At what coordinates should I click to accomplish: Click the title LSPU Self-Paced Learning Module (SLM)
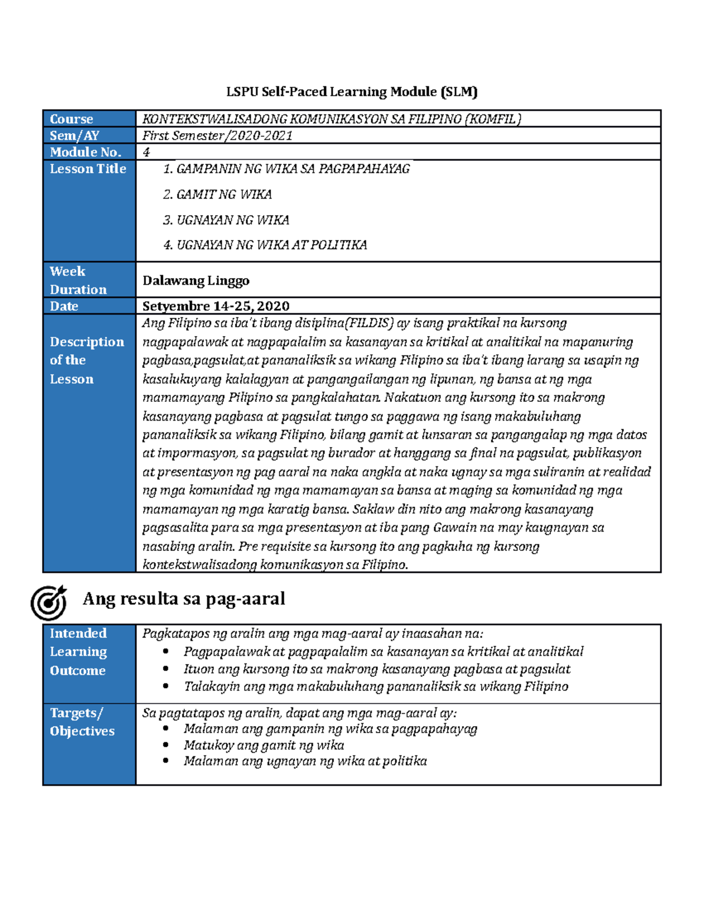tap(352, 92)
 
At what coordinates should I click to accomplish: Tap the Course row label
tap(71, 118)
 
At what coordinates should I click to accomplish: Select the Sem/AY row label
tap(74, 136)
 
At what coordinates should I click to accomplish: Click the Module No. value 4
tap(146, 152)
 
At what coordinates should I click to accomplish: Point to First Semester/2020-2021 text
tap(217, 136)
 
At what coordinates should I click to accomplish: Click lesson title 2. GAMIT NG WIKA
tap(217, 194)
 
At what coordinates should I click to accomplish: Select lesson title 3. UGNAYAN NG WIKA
tap(226, 220)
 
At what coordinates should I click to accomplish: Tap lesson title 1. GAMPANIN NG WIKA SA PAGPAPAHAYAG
tap(286, 169)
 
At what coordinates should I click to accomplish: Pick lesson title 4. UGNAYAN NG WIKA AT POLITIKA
tap(265, 245)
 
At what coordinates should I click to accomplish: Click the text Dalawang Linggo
tap(196, 280)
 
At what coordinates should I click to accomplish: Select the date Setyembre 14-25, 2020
tap(216, 306)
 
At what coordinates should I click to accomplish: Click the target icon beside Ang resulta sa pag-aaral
tap(49, 602)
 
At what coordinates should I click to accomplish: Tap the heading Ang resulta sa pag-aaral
tap(184, 598)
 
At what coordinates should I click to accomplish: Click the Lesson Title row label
tap(88, 169)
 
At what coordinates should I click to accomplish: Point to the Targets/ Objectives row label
tap(82, 722)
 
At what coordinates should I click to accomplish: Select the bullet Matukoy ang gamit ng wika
tap(263, 745)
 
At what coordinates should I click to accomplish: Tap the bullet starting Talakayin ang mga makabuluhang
tap(375, 686)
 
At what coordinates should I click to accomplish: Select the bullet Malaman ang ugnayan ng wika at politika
tap(305, 761)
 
